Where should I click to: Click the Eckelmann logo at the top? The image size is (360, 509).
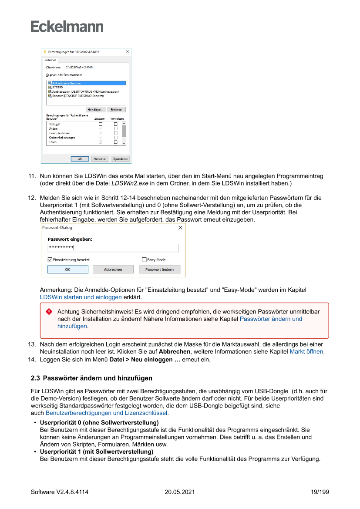pyautogui.click(x=67, y=27)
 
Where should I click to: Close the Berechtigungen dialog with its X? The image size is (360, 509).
pyautogui.click(x=128, y=52)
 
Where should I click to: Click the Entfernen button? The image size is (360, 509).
pyautogui.click(x=117, y=110)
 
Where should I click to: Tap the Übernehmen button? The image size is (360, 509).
pyautogui.click(x=120, y=159)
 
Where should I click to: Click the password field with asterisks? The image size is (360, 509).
pyautogui.click(x=113, y=248)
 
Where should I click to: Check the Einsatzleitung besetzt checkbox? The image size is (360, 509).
pyautogui.click(x=50, y=260)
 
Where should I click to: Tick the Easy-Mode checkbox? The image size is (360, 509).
pyautogui.click(x=144, y=260)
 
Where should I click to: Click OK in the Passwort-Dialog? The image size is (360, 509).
pyautogui.click(x=67, y=270)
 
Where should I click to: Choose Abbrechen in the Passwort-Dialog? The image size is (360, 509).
pyautogui.click(x=113, y=270)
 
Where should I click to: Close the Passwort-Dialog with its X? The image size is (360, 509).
pyautogui.click(x=181, y=228)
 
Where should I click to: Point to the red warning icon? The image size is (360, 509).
pyautogui.click(x=49, y=312)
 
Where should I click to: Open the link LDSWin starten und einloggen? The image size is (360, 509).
pyautogui.click(x=81, y=297)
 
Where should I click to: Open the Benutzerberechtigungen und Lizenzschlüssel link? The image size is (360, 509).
pyautogui.click(x=107, y=413)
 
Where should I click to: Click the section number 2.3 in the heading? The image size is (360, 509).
pyautogui.click(x=35, y=378)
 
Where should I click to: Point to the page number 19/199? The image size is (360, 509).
pyautogui.click(x=320, y=492)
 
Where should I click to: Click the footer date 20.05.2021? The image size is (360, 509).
pyautogui.click(x=180, y=492)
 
